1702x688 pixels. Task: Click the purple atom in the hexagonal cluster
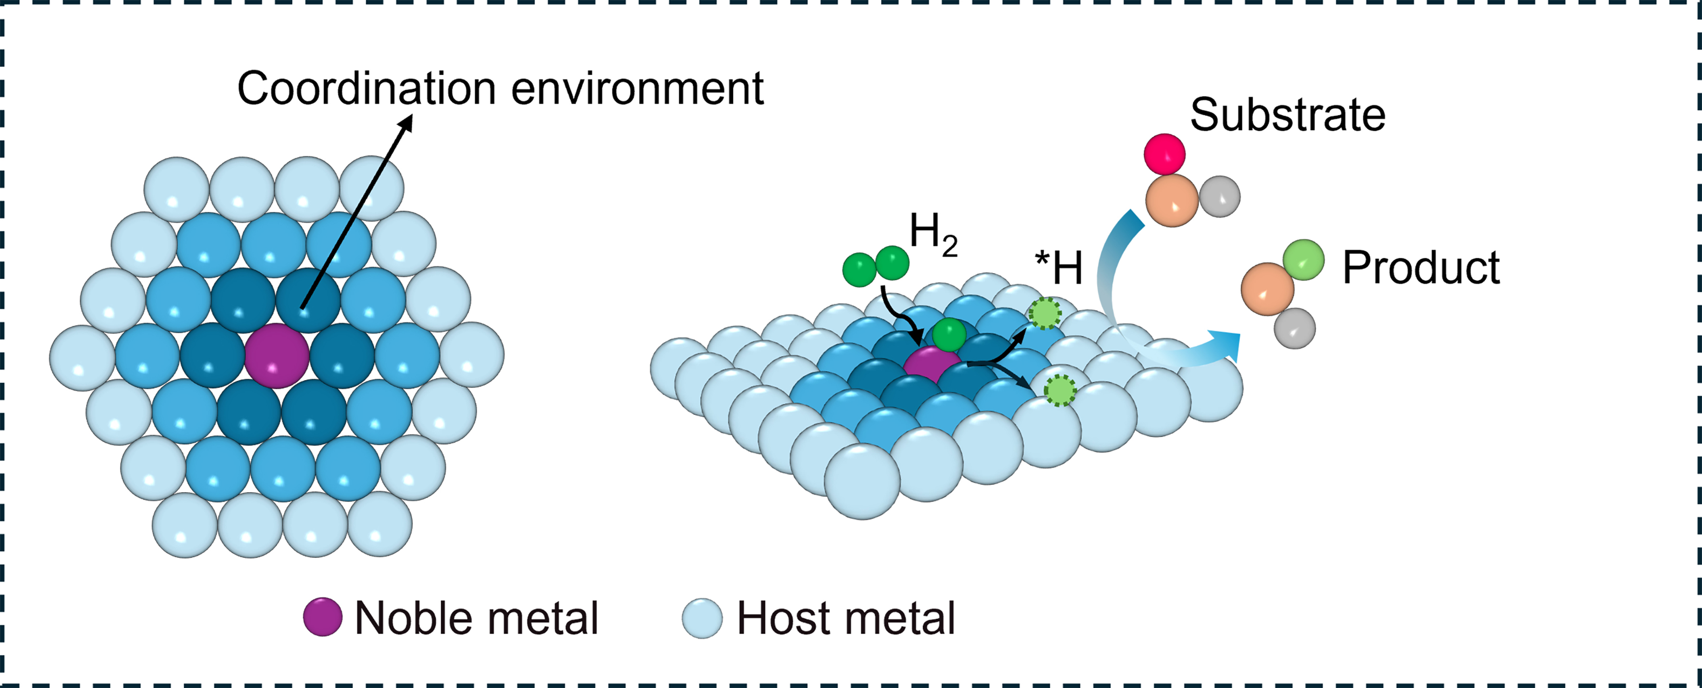click(277, 355)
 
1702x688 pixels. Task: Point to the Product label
click(1420, 267)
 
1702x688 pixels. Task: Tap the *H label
click(1058, 267)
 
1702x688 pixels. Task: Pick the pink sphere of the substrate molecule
click(1164, 154)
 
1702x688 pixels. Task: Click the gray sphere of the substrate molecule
click(1220, 196)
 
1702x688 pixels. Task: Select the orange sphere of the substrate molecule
click(1172, 201)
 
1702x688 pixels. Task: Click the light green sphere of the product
click(1304, 260)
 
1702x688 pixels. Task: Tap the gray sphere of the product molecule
click(1294, 328)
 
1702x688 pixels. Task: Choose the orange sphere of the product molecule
click(1267, 289)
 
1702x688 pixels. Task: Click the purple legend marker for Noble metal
click(322, 616)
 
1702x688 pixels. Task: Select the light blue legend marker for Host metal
click(702, 618)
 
